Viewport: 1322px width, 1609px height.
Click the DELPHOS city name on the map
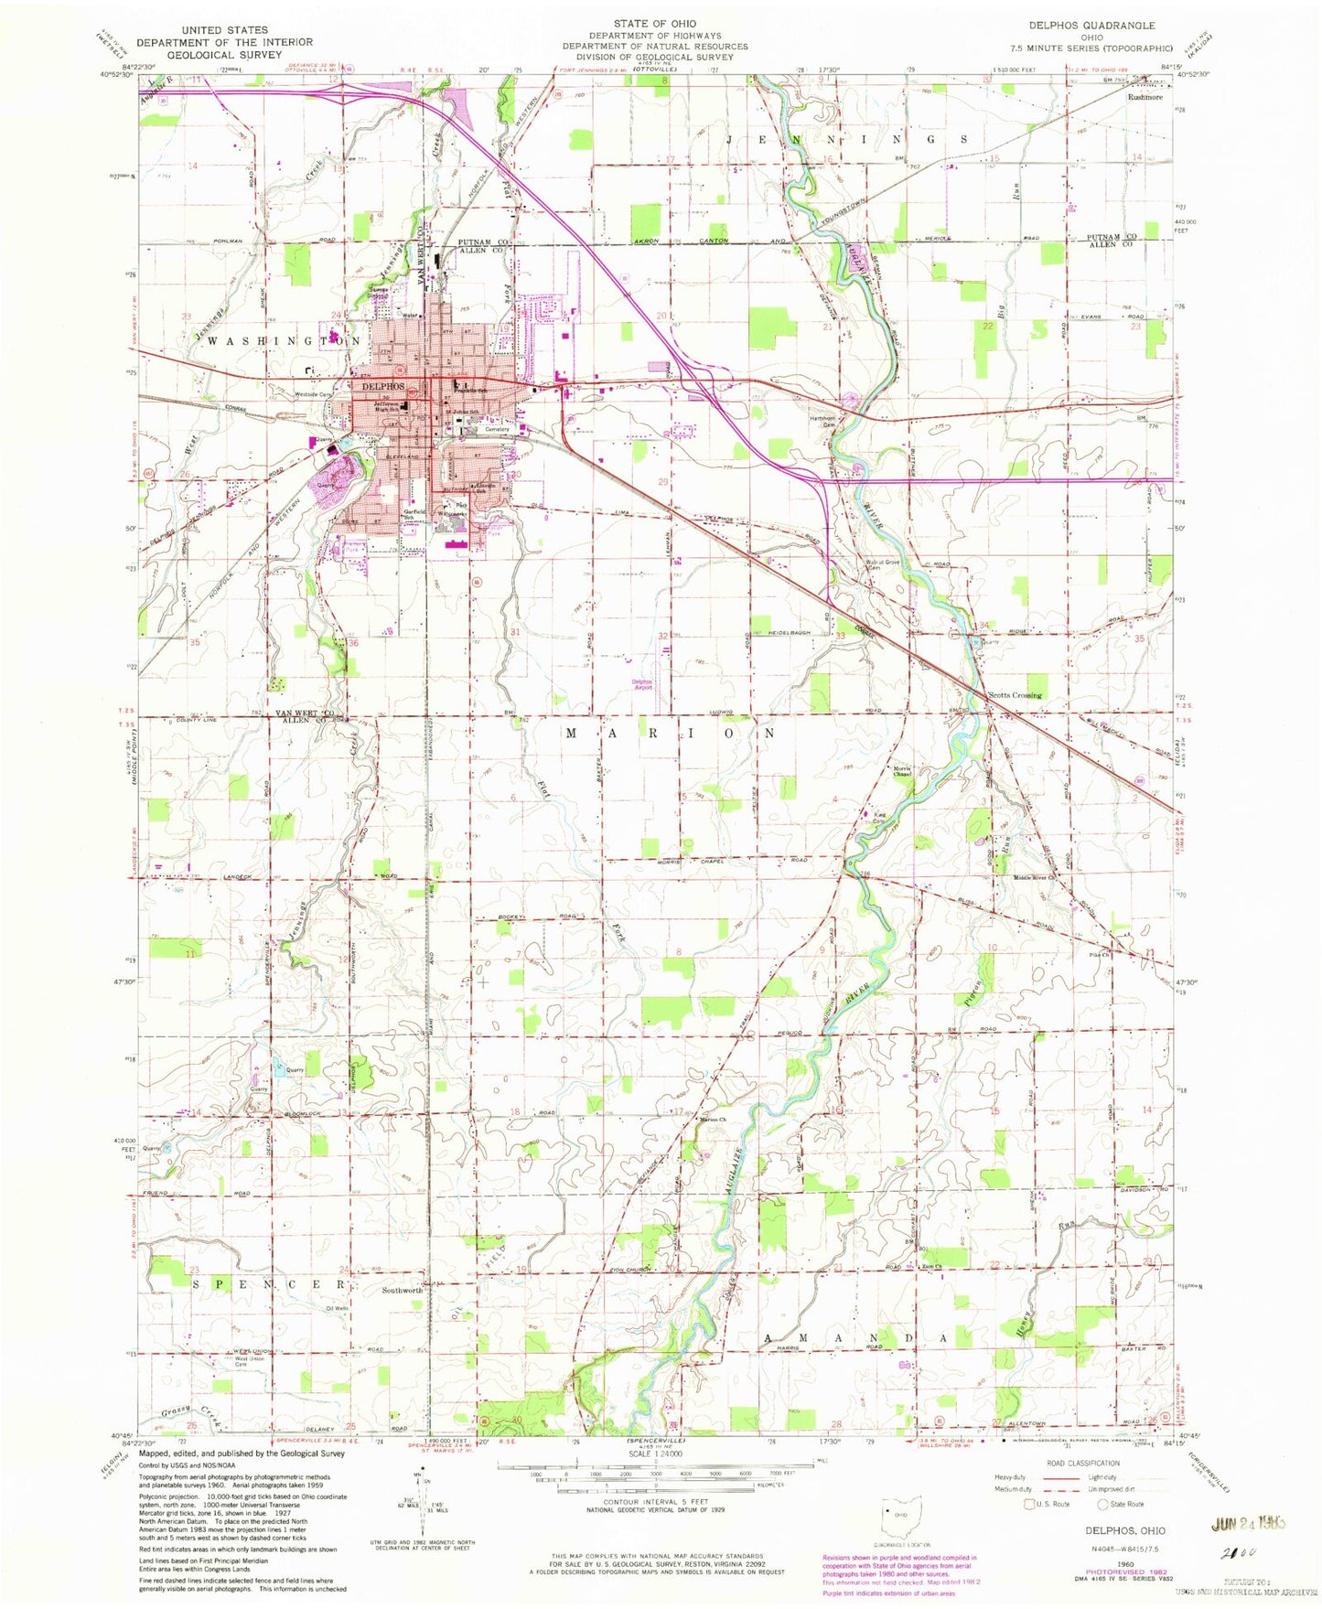click(383, 386)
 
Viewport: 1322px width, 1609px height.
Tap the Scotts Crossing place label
click(1014, 695)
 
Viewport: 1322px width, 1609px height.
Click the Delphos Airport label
click(641, 684)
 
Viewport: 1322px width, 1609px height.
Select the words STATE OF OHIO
click(655, 24)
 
